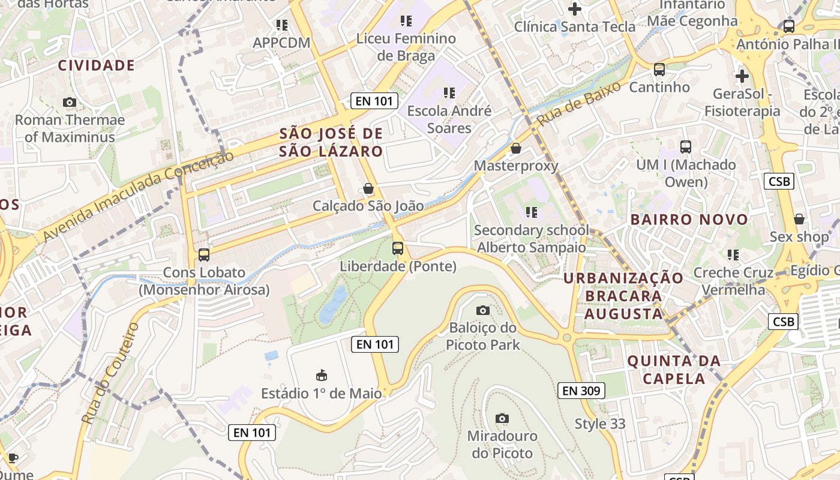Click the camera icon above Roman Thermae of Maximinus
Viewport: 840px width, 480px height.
(70, 103)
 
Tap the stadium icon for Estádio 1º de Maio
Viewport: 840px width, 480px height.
(322, 376)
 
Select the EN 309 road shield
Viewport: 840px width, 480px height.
(581, 391)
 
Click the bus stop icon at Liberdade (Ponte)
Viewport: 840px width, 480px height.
(398, 248)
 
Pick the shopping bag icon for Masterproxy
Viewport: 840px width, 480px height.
(516, 148)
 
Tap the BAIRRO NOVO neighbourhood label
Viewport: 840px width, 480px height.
(689, 220)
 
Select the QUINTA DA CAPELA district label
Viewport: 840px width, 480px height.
(674, 370)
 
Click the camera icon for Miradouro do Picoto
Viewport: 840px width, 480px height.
(502, 418)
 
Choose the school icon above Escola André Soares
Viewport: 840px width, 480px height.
(449, 93)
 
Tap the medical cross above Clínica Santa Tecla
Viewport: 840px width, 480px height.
(575, 9)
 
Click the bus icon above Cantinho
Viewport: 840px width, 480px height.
(659, 70)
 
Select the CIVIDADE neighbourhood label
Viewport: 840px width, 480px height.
(96, 65)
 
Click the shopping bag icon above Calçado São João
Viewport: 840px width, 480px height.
(368, 189)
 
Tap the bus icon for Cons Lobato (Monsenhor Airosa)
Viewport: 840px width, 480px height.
(204, 255)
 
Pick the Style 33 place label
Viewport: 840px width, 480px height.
(600, 424)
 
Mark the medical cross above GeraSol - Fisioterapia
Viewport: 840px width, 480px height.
(742, 76)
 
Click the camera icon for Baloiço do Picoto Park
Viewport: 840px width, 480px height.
(483, 310)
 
